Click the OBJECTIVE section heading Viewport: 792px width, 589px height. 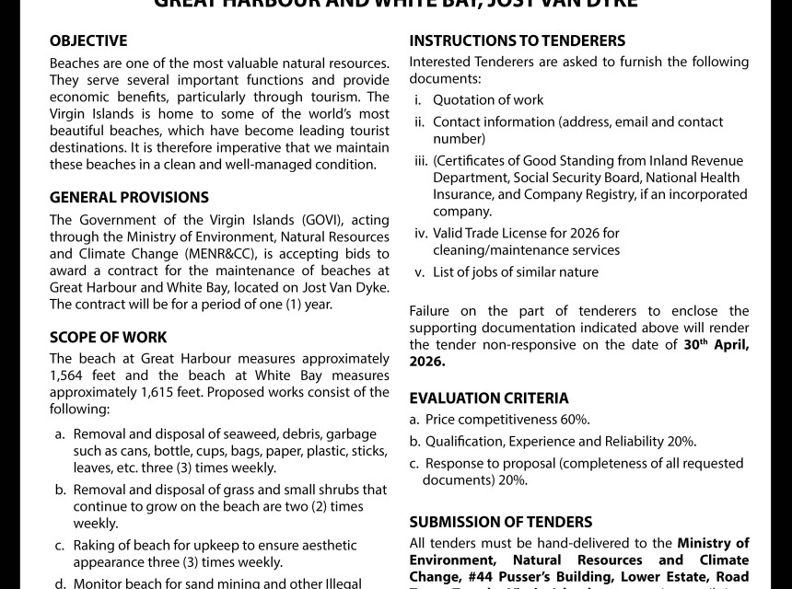tap(88, 41)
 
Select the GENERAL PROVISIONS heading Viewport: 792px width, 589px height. tap(129, 198)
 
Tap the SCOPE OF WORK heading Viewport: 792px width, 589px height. tap(109, 338)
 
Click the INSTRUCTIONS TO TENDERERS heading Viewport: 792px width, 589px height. tap(517, 41)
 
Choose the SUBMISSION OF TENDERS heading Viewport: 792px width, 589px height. tap(500, 523)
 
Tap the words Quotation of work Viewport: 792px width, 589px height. tap(488, 100)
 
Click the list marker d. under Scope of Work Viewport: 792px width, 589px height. tap(60, 583)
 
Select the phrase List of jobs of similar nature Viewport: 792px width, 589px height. tap(516, 272)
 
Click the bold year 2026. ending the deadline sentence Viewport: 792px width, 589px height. tap(427, 362)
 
